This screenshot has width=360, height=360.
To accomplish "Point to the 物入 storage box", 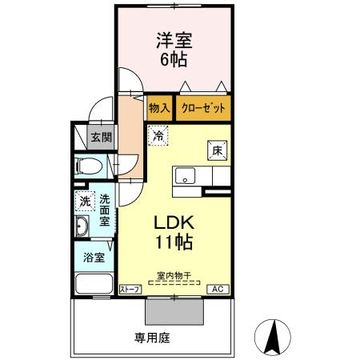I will pyautogui.click(x=158, y=107).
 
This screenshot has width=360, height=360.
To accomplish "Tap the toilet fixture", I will pyautogui.click(x=89, y=167).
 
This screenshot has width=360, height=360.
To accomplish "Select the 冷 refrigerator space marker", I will pyautogui.click(x=159, y=136).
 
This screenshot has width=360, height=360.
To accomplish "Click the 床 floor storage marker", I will pyautogui.click(x=217, y=150).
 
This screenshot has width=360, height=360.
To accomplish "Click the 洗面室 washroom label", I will pyautogui.click(x=105, y=210).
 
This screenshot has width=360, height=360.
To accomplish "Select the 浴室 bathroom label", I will pyautogui.click(x=94, y=258).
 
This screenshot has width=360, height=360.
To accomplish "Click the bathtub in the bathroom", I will pyautogui.click(x=94, y=283).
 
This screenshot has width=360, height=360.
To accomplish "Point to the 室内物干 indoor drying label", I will pyautogui.click(x=174, y=276).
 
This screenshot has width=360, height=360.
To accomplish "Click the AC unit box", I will pyautogui.click(x=216, y=289).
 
